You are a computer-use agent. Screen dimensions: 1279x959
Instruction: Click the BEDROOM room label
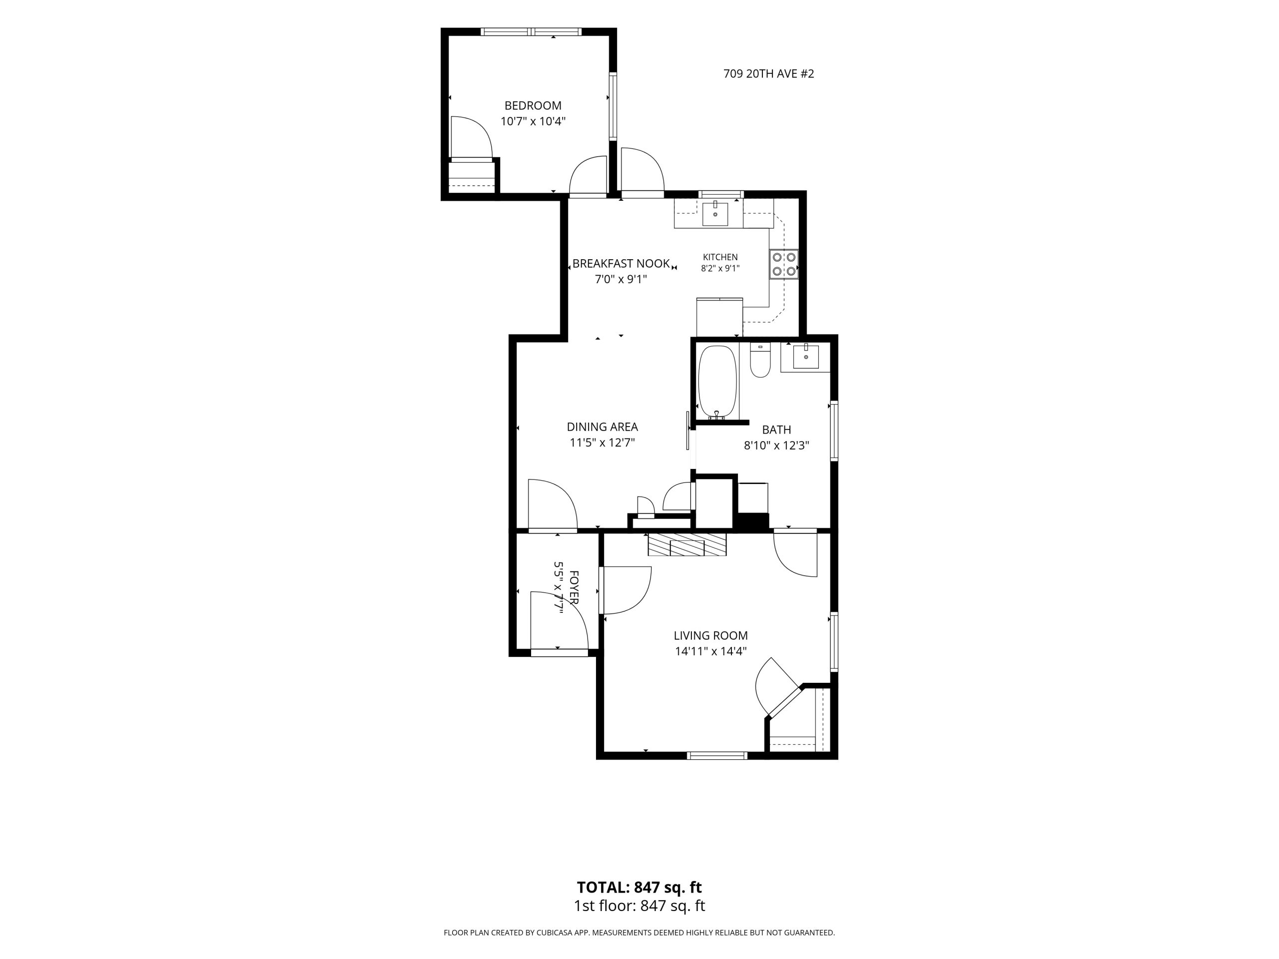click(533, 106)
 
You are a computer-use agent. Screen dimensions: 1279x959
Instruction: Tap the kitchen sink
click(715, 213)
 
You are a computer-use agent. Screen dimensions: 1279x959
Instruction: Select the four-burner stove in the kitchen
click(783, 264)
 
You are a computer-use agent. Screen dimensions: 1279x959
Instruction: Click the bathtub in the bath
click(717, 382)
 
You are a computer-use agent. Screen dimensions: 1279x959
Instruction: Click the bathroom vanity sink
click(805, 356)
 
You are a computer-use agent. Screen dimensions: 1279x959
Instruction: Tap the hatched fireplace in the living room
click(687, 544)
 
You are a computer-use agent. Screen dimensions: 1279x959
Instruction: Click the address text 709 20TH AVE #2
click(768, 74)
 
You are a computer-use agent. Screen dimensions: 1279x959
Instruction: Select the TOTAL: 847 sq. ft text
click(639, 887)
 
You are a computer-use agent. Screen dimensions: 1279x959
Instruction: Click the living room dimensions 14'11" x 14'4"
click(710, 651)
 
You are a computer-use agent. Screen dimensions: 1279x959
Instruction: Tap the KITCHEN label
click(720, 257)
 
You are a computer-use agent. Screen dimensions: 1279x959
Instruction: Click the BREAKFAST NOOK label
click(621, 264)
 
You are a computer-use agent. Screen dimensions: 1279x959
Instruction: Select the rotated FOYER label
click(574, 587)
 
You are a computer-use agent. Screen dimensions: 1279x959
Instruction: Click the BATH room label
click(776, 430)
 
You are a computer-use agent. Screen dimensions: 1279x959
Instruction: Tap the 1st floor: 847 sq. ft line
click(639, 906)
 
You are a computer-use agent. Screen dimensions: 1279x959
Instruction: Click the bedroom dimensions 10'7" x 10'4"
click(533, 121)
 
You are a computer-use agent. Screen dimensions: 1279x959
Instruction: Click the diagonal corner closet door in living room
click(784, 701)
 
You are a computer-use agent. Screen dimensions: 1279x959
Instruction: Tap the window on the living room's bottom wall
click(717, 756)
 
